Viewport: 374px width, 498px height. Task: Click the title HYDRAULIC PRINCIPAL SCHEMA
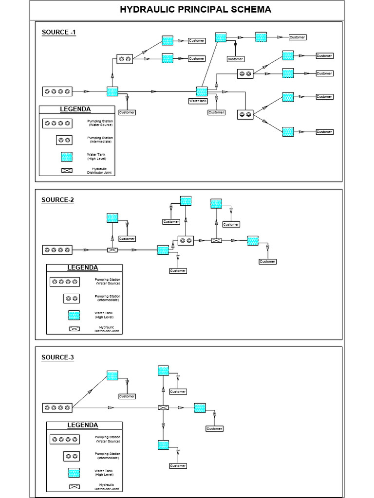click(x=188, y=10)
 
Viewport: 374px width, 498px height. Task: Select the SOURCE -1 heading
click(x=58, y=32)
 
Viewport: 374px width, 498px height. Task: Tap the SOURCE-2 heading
click(x=57, y=200)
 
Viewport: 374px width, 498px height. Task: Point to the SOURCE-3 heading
click(x=57, y=357)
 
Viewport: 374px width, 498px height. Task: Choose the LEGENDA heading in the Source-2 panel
click(x=82, y=267)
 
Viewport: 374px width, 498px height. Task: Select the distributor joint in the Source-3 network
click(x=163, y=408)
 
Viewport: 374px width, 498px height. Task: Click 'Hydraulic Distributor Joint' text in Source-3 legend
click(x=106, y=487)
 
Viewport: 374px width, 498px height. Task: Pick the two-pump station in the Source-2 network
click(x=185, y=240)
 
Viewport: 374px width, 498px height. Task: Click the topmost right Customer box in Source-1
click(x=297, y=37)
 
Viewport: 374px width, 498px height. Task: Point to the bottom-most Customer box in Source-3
click(x=178, y=466)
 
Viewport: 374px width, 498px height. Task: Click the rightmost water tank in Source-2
click(x=253, y=240)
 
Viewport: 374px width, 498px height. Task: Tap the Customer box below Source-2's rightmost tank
click(x=267, y=262)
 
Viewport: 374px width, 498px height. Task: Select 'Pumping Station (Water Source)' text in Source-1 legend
click(x=100, y=123)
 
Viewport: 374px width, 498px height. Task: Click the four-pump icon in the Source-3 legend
click(x=64, y=439)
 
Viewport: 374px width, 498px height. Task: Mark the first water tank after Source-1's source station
click(x=112, y=91)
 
